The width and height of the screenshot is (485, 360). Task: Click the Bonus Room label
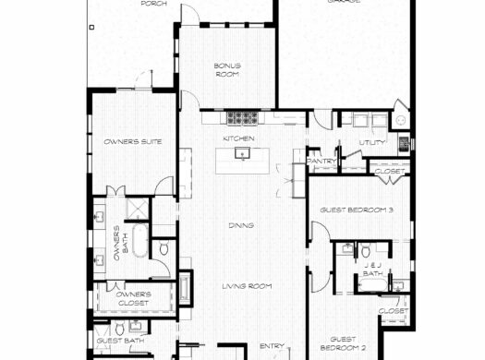[x=227, y=69]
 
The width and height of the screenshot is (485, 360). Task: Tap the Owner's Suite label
[x=128, y=141]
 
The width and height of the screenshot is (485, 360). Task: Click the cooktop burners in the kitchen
[x=243, y=117]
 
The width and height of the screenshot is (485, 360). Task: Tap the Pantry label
[x=322, y=161]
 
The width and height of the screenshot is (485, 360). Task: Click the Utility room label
[x=371, y=142]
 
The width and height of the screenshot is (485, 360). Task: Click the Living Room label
[x=246, y=286]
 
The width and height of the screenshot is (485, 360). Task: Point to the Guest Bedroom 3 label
[x=357, y=210]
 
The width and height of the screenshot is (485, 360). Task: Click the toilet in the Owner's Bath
[x=164, y=248]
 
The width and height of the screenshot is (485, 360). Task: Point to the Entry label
[x=271, y=346]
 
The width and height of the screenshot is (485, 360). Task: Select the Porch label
[x=153, y=4]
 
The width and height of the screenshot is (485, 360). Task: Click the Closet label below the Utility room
[x=387, y=171]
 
